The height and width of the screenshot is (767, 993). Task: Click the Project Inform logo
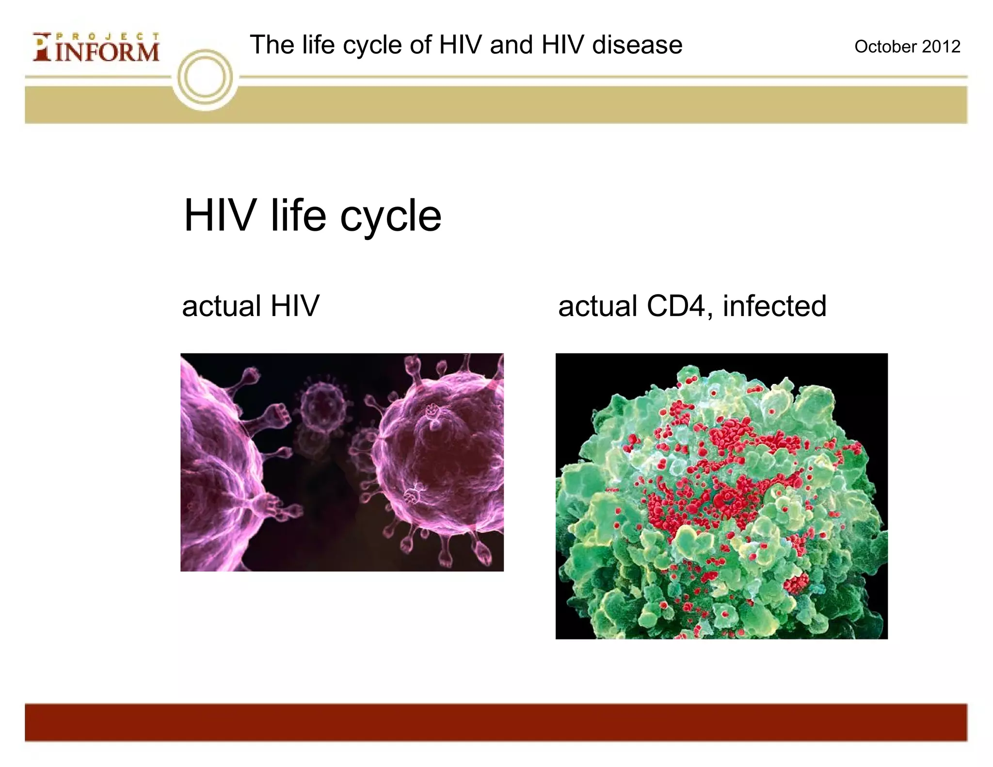pos(96,47)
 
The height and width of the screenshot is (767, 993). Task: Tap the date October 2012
pos(907,47)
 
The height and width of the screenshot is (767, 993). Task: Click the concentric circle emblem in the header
pos(205,78)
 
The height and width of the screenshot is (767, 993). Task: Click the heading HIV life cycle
pos(313,216)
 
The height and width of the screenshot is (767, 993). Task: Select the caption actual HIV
pos(251,306)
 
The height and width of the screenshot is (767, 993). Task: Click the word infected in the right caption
pos(774,306)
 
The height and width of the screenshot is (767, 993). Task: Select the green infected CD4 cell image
pos(721,495)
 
